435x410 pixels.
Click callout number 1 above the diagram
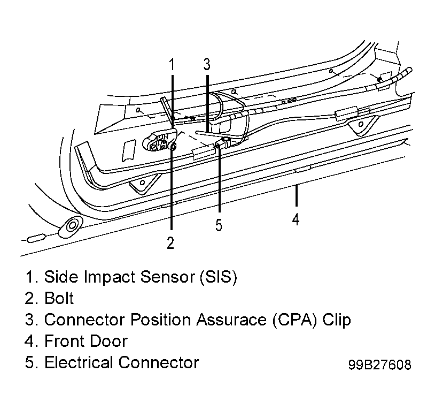[172, 64]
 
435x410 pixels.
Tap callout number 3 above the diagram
[207, 64]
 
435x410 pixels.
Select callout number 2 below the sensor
[170, 242]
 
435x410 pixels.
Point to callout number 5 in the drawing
[219, 225]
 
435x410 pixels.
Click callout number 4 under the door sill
[296, 219]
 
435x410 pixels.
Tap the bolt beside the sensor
[173, 146]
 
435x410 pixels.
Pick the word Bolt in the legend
[59, 298]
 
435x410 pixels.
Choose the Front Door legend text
[86, 341]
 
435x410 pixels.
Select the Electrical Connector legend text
[122, 362]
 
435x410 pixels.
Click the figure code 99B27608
[380, 365]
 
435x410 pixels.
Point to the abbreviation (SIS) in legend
[219, 277]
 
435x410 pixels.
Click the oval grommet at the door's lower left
[71, 225]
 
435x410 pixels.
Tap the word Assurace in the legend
[231, 320]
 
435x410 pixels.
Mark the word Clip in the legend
[337, 320]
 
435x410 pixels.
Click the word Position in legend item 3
[160, 320]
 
